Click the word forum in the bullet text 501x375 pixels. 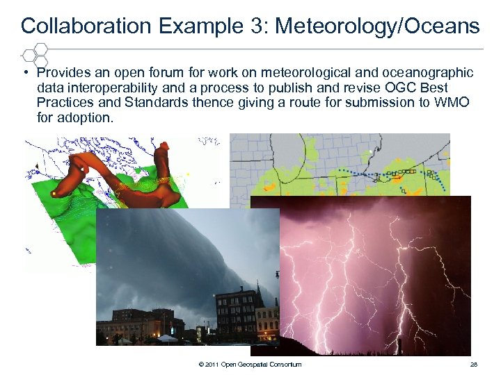[x=166, y=73]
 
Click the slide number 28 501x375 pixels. [x=474, y=365]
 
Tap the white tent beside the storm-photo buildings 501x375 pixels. [x=167, y=338]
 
